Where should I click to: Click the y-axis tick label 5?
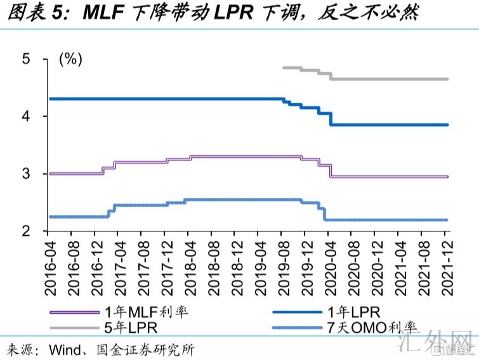click(27, 59)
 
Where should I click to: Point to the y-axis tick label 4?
click(27, 117)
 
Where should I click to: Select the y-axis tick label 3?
click(27, 174)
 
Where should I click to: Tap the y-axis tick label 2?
click(27, 231)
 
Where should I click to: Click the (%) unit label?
click(70, 60)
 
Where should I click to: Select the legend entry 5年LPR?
click(130, 328)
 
